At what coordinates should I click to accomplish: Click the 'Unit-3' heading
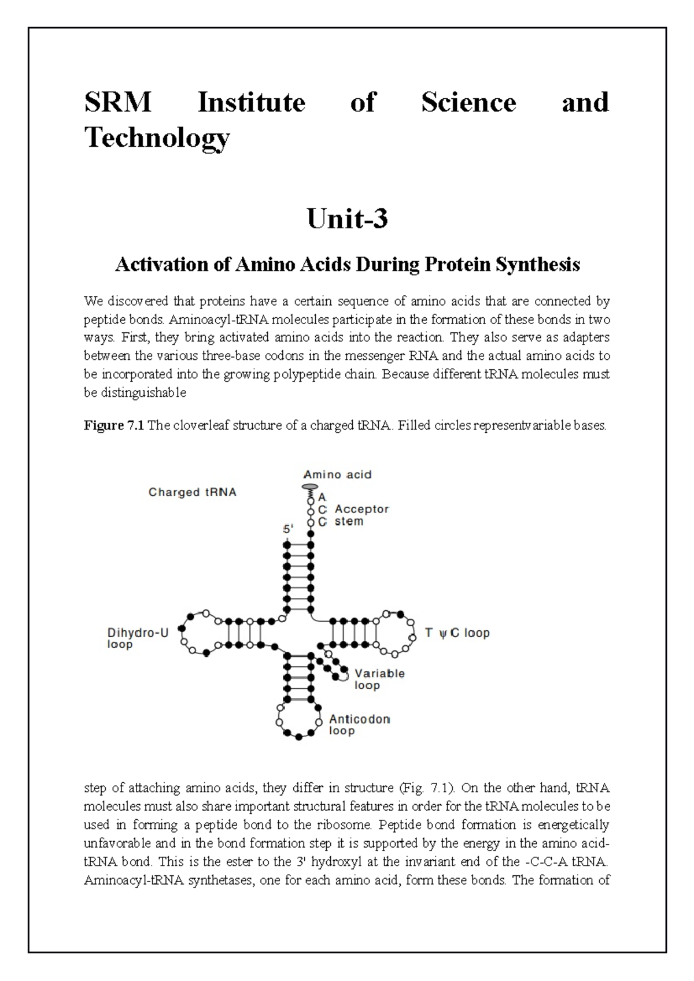pyautogui.click(x=347, y=219)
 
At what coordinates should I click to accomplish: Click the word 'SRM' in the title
pyautogui.click(x=118, y=103)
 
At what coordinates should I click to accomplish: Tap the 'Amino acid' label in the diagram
pyautogui.click(x=338, y=474)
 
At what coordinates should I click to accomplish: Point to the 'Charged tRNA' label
pyautogui.click(x=192, y=492)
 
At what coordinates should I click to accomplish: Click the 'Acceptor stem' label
pyautogui.click(x=361, y=515)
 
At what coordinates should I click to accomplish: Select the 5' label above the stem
pyautogui.click(x=287, y=529)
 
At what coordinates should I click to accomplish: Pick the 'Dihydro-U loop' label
pyautogui.click(x=138, y=638)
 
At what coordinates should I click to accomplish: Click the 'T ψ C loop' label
pyautogui.click(x=457, y=633)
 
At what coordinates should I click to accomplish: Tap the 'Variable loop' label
pyautogui.click(x=379, y=679)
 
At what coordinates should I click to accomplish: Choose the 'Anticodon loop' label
pyautogui.click(x=359, y=724)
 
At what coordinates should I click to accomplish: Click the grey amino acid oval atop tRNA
pyautogui.click(x=310, y=487)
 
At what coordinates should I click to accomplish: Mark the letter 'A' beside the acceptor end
pyautogui.click(x=322, y=497)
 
